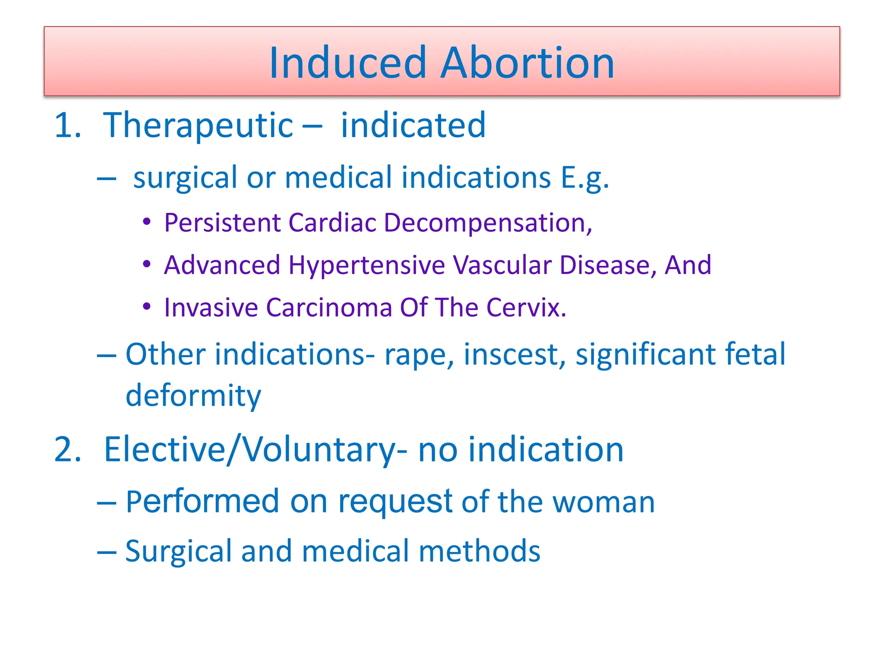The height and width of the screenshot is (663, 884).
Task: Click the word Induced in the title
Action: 347,63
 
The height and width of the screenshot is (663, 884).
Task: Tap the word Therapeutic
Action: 198,126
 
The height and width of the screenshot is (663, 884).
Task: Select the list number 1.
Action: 67,126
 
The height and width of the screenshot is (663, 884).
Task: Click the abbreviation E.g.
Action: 584,178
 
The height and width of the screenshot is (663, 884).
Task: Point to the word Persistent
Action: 222,223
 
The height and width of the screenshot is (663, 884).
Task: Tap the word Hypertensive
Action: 366,265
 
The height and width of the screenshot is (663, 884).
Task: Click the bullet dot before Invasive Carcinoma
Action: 147,306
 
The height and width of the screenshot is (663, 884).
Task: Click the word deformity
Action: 193,396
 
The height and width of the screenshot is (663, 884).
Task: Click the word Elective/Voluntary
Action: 250,450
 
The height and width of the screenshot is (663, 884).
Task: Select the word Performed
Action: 202,502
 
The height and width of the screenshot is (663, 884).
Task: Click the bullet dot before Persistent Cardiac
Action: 147,222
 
